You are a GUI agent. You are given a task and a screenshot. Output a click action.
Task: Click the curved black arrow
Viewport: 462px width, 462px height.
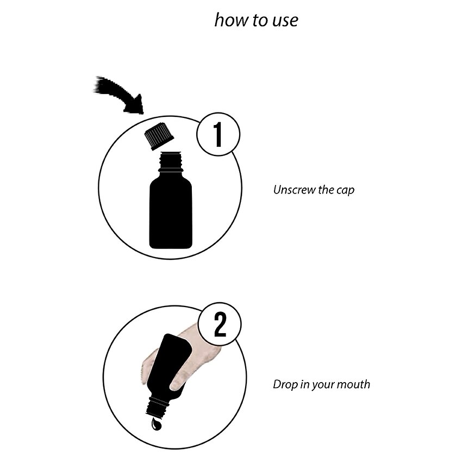pyautogui.click(x=119, y=95)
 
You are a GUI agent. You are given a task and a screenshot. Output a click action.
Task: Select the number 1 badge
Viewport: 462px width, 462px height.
pyautogui.click(x=218, y=134)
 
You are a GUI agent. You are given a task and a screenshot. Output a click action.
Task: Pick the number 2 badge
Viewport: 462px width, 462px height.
pyautogui.click(x=220, y=324)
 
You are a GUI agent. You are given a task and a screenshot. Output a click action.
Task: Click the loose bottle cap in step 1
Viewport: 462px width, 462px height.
pyautogui.click(x=159, y=136)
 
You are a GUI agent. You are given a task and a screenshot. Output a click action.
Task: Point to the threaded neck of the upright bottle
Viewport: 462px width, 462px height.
pyautogui.click(x=171, y=161)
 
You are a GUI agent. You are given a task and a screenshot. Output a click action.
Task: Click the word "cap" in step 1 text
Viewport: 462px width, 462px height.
pyautogui.click(x=345, y=191)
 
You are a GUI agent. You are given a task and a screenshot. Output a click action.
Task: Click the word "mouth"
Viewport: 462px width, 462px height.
pyautogui.click(x=353, y=384)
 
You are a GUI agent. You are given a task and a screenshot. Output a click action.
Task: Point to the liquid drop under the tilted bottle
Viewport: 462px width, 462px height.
pyautogui.click(x=156, y=424)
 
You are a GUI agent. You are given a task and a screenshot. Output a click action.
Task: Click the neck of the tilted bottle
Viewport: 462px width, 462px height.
pyautogui.click(x=158, y=407)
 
